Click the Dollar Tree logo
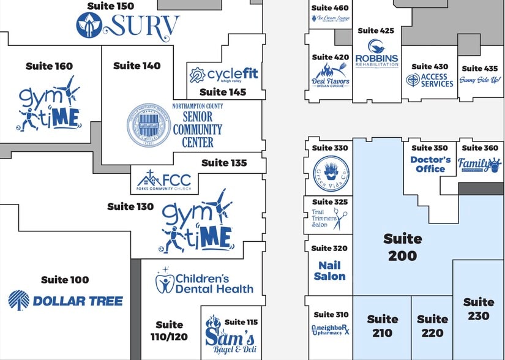click(x=65, y=301)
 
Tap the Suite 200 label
click(x=402, y=247)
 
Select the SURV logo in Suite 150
click(x=128, y=26)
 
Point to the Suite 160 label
click(x=49, y=66)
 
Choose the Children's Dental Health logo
click(x=204, y=283)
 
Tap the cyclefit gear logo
click(x=197, y=75)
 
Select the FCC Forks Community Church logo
click(x=163, y=181)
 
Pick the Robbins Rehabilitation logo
click(x=376, y=55)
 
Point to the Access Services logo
click(x=430, y=80)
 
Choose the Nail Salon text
click(x=329, y=271)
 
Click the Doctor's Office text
click(x=430, y=164)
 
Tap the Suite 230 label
click(x=479, y=309)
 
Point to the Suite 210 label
click(x=382, y=326)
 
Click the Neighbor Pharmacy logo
click(x=330, y=329)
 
